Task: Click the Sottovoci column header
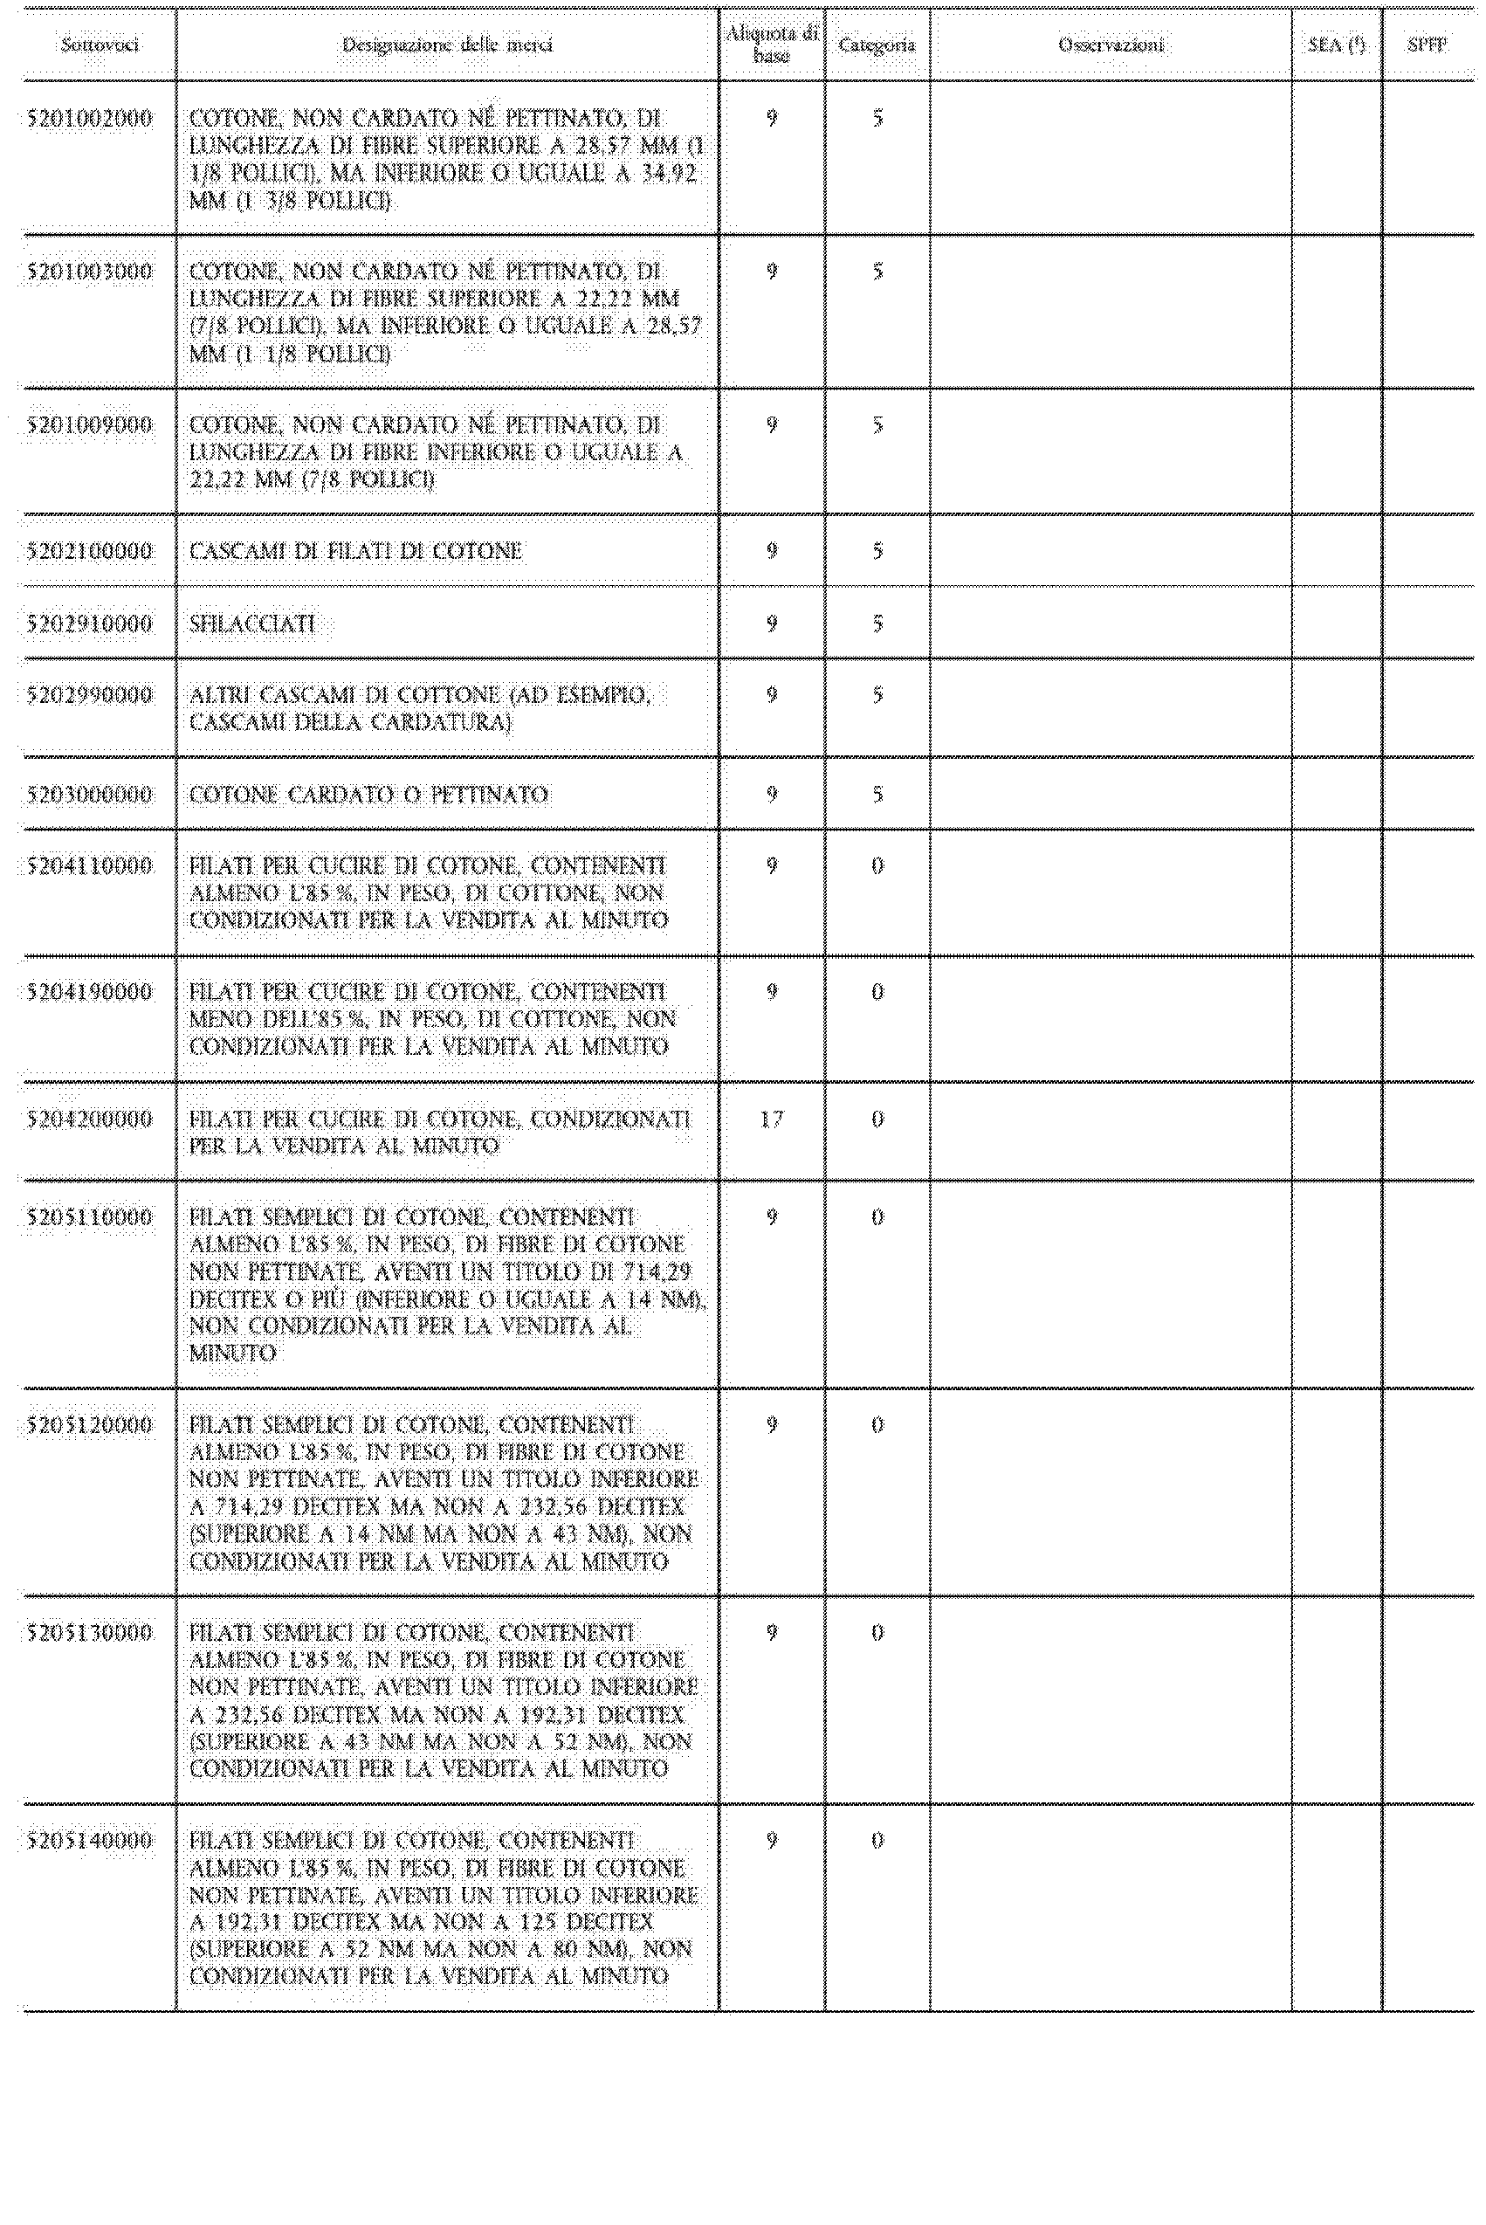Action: tap(100, 45)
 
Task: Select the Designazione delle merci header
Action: tap(447, 45)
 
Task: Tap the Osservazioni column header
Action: tap(1111, 45)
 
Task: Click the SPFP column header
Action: tap(1427, 45)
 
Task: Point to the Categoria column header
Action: tap(877, 45)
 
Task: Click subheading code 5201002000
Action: tap(90, 120)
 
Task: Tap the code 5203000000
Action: tap(90, 794)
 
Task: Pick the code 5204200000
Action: tap(90, 1119)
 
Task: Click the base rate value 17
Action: tap(772, 1119)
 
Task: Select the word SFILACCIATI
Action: tap(252, 623)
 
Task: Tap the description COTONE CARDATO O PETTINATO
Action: tap(368, 794)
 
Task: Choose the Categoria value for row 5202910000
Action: tap(877, 623)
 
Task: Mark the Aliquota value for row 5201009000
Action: tap(772, 425)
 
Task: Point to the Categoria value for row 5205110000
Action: tap(877, 1216)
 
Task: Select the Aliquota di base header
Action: tap(772, 45)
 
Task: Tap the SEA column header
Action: tap(1336, 45)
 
